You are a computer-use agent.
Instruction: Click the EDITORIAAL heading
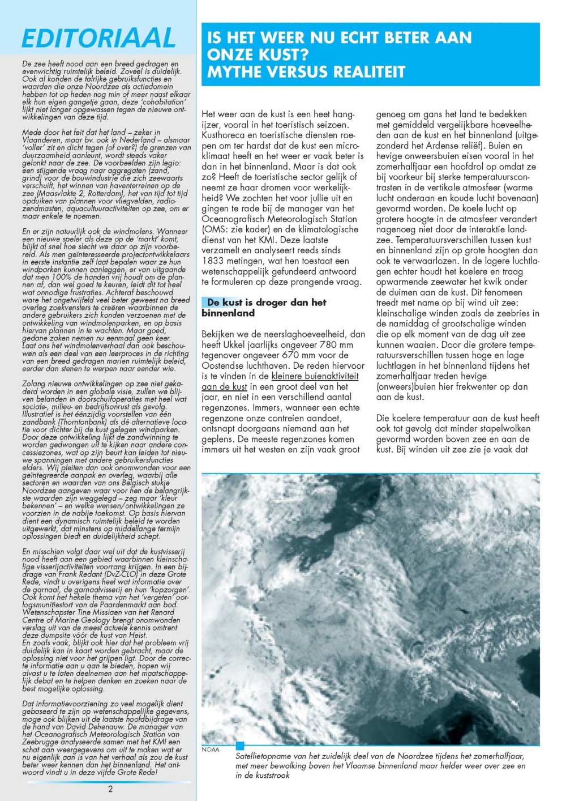coord(98,39)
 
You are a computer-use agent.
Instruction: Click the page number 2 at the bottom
coord(110,789)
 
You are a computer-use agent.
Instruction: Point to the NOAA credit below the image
coord(210,749)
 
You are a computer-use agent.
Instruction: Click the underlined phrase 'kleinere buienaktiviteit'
coord(315,376)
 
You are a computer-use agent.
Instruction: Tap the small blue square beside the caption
coord(240,745)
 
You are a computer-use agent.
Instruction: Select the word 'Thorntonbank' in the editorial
coord(65,422)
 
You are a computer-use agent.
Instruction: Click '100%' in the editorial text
coord(62,277)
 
